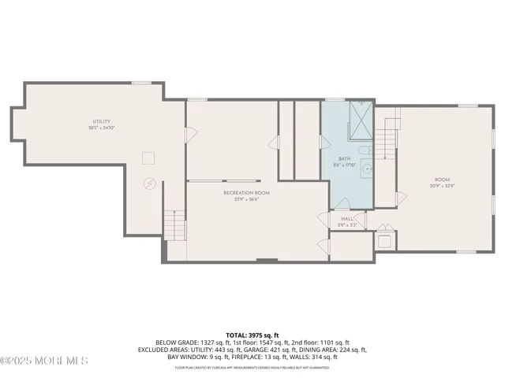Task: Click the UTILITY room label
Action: tap(102, 120)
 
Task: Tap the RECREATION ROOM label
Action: tap(246, 193)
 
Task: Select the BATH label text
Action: tap(345, 158)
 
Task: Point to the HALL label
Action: tap(347, 219)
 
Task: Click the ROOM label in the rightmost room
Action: tap(442, 180)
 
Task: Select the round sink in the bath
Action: tap(368, 168)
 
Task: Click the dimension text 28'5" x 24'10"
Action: tap(102, 127)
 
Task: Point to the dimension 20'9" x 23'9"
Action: tap(442, 186)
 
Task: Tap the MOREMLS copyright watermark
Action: tap(45, 361)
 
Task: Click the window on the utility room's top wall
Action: tap(141, 83)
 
